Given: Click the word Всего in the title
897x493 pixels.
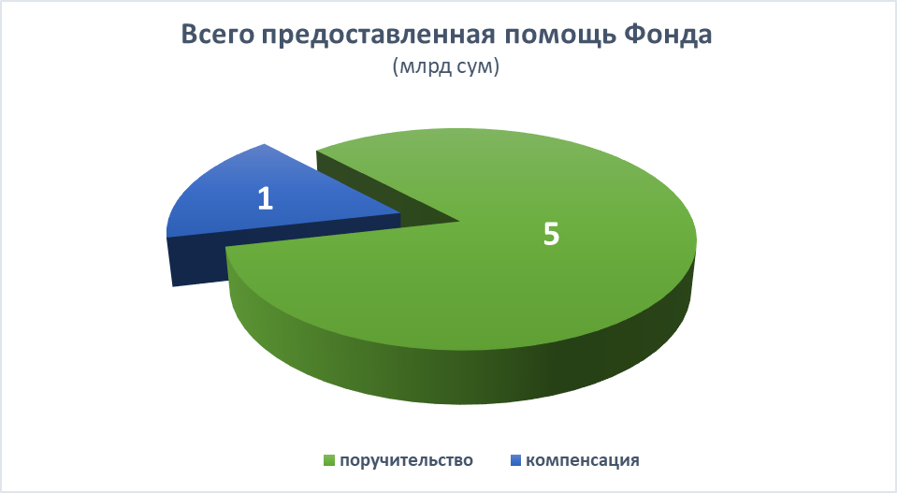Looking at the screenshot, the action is pyautogui.click(x=217, y=35).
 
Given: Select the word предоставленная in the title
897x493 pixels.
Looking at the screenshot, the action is pyautogui.click(x=378, y=36).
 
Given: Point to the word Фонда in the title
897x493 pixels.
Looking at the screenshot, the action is pyautogui.click(x=667, y=35).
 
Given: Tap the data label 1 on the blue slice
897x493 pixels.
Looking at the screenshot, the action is pyautogui.click(x=265, y=199).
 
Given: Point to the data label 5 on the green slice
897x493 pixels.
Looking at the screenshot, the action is pyautogui.click(x=551, y=234).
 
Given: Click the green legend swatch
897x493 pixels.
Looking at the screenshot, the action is pyautogui.click(x=329, y=460).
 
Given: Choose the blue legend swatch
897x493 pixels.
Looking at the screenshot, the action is pyautogui.click(x=514, y=460).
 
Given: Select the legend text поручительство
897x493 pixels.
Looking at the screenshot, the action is pyautogui.click(x=406, y=460).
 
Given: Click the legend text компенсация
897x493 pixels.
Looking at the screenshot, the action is pyautogui.click(x=583, y=460).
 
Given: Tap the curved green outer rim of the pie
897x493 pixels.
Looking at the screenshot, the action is pyautogui.click(x=457, y=374).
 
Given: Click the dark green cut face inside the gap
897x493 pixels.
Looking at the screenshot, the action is pyautogui.click(x=378, y=189).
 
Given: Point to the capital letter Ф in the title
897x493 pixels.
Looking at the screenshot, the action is pyautogui.click(x=634, y=35).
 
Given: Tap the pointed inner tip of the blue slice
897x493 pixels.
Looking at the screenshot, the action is pyautogui.click(x=400, y=214).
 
